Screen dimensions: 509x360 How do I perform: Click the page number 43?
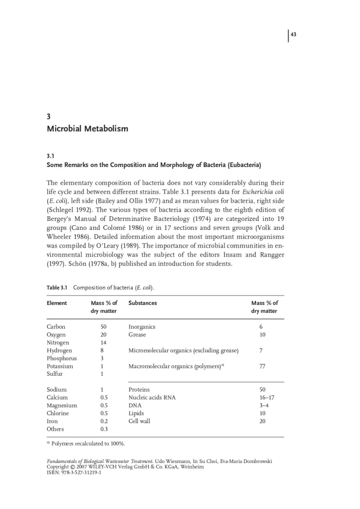coord(294,34)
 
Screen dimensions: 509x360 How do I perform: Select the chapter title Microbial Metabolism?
coord(87,129)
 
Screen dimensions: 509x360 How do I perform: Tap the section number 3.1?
coord(51,155)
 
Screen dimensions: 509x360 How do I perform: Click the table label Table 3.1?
coord(57,288)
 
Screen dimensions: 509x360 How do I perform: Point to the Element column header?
coord(57,303)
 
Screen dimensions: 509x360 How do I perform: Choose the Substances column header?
coord(142,303)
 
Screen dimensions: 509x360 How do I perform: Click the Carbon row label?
coord(56,327)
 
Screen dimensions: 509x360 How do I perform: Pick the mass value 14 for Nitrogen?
coord(104,342)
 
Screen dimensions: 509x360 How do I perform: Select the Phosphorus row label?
coord(61,358)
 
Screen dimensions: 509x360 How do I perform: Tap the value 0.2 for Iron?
coord(104,421)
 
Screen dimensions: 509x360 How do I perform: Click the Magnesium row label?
coord(62,405)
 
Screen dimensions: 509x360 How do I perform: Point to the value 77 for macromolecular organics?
coord(262,366)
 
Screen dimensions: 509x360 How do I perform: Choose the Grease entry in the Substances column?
coord(137,334)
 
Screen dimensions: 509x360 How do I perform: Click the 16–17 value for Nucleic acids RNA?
coord(267,397)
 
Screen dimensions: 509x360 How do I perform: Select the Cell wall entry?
coord(139,421)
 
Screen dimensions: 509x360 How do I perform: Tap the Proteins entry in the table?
coord(139,389)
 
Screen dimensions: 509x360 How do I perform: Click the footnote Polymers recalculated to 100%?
coord(88,443)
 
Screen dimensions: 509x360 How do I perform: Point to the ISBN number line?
coord(74,472)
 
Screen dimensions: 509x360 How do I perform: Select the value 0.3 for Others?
coord(104,429)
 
